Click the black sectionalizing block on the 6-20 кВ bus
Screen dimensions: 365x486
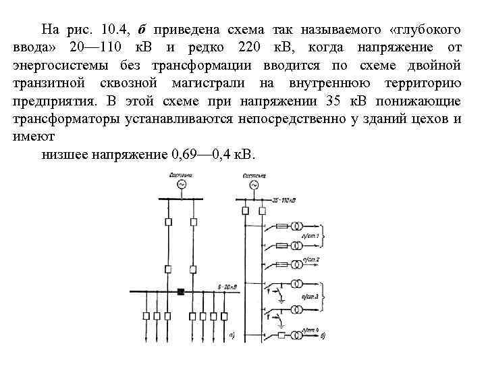pos(180,292)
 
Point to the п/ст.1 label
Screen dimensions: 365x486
pos(312,235)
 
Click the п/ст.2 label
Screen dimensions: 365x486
pos(311,260)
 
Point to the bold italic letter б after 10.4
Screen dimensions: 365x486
pos(141,30)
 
